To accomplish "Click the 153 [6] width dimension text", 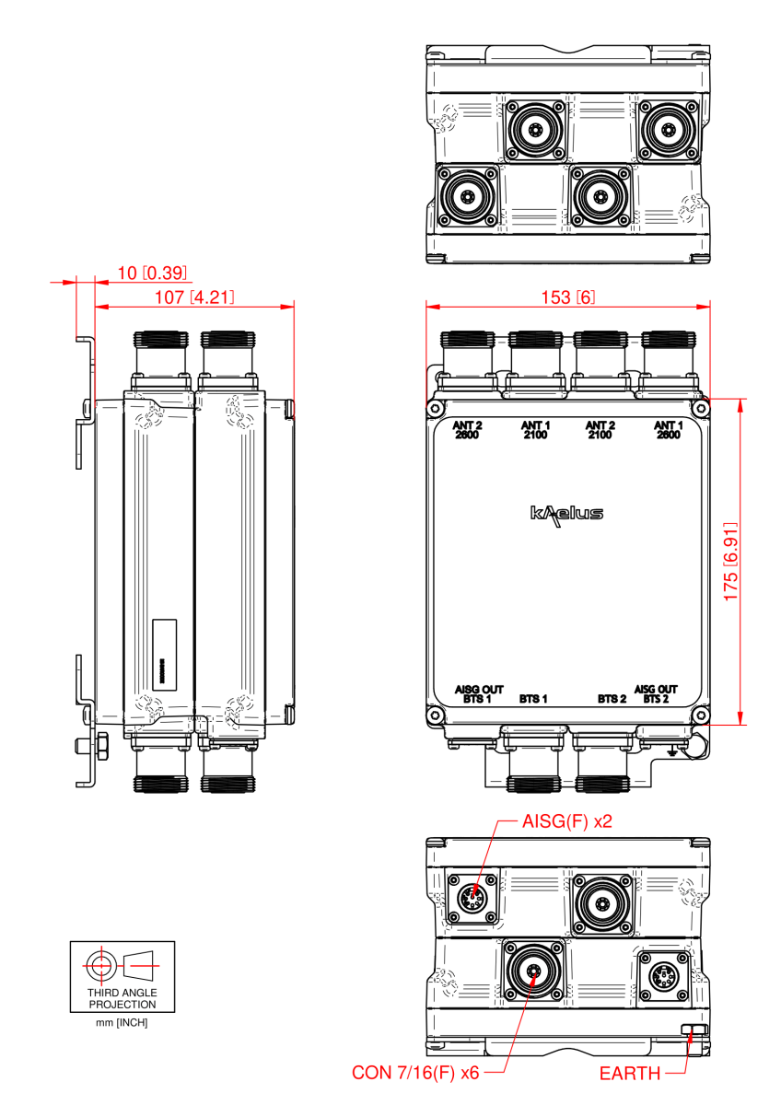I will coord(567,297).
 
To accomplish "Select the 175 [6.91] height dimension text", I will coord(731,563).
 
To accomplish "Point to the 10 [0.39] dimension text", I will coord(153,273).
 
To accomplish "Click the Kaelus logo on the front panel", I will coord(566,513).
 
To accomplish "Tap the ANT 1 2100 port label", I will coord(534,430).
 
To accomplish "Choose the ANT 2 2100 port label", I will coord(600,430).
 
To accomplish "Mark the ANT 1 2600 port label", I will coord(668,430).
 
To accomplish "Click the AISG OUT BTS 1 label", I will coord(479,694).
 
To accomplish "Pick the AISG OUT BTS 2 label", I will coord(656,694).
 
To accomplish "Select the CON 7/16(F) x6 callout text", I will coord(417,1073).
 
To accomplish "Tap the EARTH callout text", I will coord(630,1073).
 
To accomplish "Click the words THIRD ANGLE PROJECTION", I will coord(122,999).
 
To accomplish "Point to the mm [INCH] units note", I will coord(122,1023).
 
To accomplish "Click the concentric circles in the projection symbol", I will coord(99,965).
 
